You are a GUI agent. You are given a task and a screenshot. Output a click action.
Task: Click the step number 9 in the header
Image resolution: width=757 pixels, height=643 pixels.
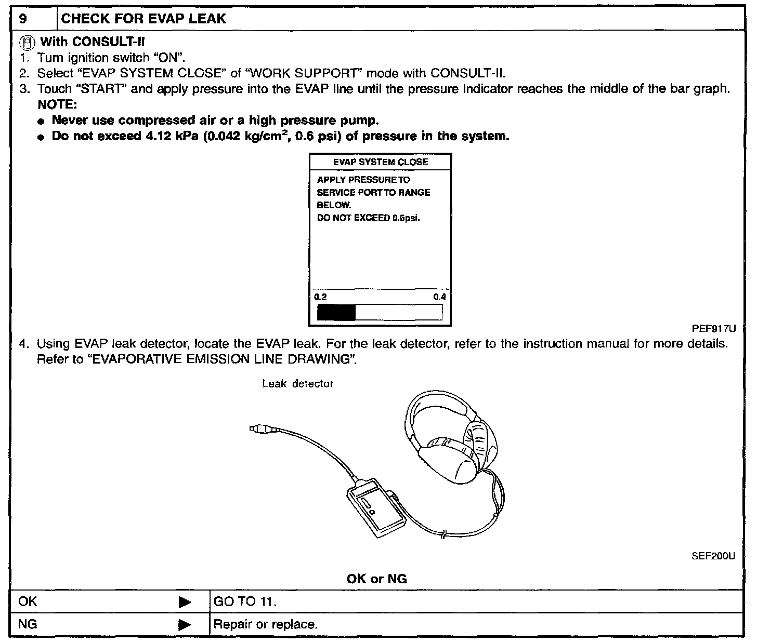coord(23,19)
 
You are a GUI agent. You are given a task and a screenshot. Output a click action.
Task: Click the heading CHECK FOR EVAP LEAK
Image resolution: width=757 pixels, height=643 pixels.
coord(143,19)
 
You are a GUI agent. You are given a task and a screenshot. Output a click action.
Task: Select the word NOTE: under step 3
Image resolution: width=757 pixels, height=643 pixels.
coord(57,104)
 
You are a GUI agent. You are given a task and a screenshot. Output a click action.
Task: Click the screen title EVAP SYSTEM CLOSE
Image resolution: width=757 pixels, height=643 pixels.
coord(380,162)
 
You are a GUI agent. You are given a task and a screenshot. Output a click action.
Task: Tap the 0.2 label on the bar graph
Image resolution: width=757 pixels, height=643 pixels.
coord(321,297)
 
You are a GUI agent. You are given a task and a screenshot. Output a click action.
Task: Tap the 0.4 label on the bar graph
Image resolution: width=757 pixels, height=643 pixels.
coord(439,297)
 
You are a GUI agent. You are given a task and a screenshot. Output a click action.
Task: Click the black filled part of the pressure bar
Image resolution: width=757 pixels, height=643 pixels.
coord(336,312)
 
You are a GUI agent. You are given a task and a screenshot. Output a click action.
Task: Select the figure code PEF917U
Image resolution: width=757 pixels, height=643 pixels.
coord(713,328)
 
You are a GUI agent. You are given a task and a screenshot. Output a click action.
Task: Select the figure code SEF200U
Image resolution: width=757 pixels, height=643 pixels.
coord(713,556)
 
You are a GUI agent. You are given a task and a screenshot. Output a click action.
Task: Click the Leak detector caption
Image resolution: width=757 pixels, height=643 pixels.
coord(297,384)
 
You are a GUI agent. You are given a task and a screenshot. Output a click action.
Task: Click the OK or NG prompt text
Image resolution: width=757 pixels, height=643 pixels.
coord(376,579)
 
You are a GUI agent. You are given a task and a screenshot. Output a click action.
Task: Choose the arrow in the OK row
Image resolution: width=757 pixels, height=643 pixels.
coord(185,602)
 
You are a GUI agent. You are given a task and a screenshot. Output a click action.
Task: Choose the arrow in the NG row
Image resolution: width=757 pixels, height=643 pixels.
coord(185,624)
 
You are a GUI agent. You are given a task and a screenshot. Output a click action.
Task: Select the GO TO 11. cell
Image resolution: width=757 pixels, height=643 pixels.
coord(245,602)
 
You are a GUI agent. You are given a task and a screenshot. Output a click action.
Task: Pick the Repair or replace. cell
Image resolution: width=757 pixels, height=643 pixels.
coord(265,624)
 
